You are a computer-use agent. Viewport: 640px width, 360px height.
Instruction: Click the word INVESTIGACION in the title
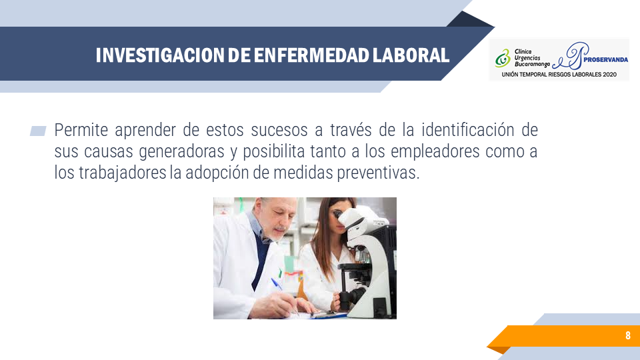click(159, 55)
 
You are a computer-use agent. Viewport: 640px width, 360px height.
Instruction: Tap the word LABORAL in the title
click(411, 55)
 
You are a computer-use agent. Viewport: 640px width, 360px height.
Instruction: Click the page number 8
click(628, 335)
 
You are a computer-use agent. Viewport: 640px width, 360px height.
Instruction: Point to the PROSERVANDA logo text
click(606, 59)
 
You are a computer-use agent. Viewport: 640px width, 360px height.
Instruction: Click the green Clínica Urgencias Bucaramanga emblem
click(503, 58)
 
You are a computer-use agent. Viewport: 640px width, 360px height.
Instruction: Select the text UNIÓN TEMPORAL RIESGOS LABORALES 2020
click(559, 75)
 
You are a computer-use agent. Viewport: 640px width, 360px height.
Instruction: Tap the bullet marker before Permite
click(38, 131)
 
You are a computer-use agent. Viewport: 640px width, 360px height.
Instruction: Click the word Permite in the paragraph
click(81, 130)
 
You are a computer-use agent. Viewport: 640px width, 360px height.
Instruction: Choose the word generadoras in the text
click(181, 152)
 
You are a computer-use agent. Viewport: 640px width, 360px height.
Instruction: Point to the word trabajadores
click(123, 173)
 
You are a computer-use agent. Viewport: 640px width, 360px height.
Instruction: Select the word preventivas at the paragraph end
click(378, 173)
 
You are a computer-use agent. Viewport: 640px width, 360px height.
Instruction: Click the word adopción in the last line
click(217, 173)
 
